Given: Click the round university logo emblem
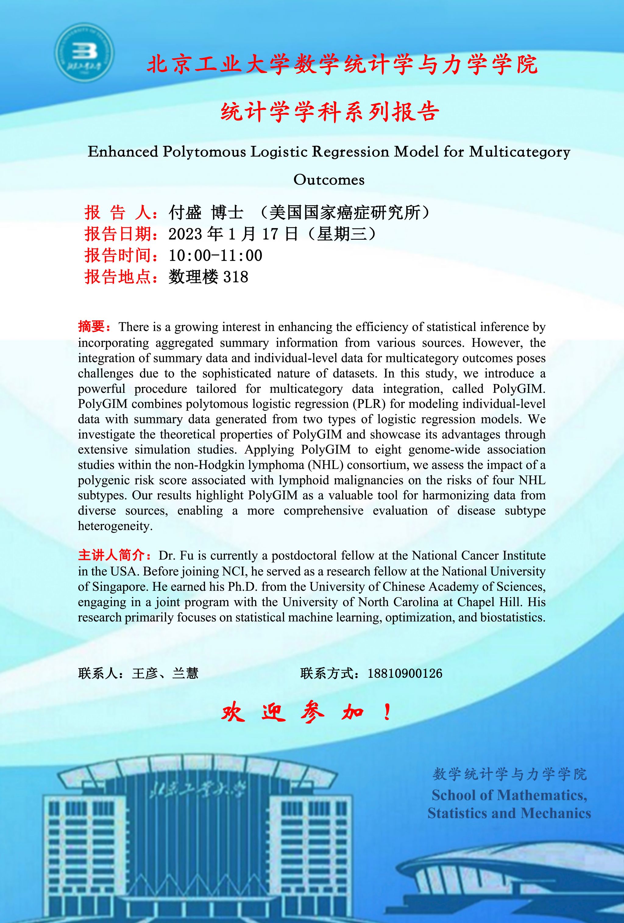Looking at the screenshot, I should click(x=84, y=52).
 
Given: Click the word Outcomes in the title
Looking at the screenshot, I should click(x=329, y=180).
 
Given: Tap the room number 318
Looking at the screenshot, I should click(x=236, y=277).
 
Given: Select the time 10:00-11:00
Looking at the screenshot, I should click(x=215, y=255).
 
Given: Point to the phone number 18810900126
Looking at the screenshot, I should click(x=405, y=673).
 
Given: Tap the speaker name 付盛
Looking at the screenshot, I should click(x=185, y=213).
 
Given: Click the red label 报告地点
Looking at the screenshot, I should click(x=118, y=277).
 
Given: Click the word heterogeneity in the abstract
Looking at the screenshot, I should click(x=115, y=526).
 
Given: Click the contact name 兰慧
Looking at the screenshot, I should click(x=185, y=673).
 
